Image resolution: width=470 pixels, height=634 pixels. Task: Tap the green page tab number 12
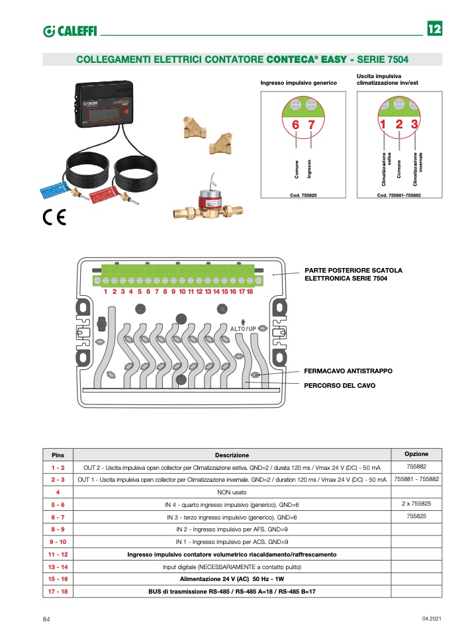click(434, 29)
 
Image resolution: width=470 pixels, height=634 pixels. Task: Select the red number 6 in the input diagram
click(295, 125)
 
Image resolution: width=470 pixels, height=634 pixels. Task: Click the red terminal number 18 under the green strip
click(250, 291)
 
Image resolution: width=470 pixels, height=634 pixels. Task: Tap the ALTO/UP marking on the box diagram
click(243, 328)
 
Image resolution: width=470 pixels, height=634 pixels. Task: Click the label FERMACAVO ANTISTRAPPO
click(348, 371)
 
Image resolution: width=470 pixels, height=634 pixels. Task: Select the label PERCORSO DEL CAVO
click(340, 385)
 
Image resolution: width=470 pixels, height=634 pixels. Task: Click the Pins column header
click(58, 455)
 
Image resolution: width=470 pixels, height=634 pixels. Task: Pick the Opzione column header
click(416, 454)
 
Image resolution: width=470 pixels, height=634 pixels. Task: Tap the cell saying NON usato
click(231, 492)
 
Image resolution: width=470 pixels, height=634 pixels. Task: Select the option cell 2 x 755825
click(416, 504)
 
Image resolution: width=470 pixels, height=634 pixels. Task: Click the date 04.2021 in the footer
click(431, 619)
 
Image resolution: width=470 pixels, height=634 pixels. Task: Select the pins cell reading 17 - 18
click(58, 591)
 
